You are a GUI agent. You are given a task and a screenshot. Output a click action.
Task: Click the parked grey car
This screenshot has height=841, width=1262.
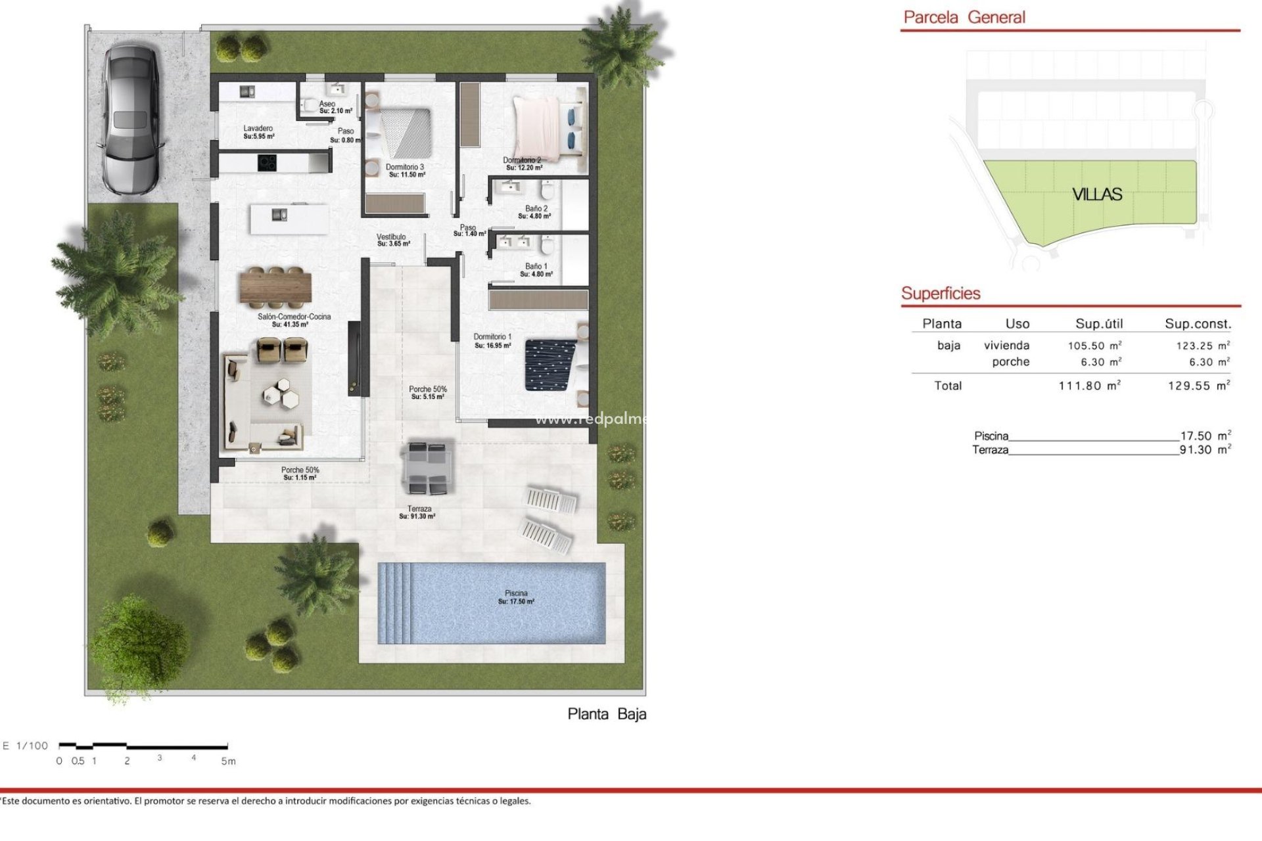[130, 118]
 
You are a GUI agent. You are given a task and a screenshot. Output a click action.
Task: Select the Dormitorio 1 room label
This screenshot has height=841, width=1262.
[492, 340]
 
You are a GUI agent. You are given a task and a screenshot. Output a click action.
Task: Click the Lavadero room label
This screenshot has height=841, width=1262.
[258, 132]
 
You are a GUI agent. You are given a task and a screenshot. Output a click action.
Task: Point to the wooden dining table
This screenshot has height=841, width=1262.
[275, 288]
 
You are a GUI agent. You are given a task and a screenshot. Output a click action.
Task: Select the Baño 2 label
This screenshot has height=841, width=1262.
[535, 212]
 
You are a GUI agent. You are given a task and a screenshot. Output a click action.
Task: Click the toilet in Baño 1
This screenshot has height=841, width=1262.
[547, 246]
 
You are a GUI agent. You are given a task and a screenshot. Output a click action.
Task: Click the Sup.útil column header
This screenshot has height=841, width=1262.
[1099, 323]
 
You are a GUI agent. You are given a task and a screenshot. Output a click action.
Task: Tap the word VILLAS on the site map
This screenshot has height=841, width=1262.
[1097, 194]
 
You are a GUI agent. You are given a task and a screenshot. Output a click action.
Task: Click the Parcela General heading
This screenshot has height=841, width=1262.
[964, 18]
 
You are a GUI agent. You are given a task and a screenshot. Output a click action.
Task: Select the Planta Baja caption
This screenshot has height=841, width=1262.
[607, 714]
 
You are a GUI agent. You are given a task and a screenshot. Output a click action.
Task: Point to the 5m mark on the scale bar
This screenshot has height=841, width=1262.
[227, 761]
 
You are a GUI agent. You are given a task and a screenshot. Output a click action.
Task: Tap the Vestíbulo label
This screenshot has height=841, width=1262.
[392, 240]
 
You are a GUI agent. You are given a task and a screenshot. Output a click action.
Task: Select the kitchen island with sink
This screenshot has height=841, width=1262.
[289, 219]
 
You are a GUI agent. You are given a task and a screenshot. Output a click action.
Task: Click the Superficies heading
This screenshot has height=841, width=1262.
[941, 294]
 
